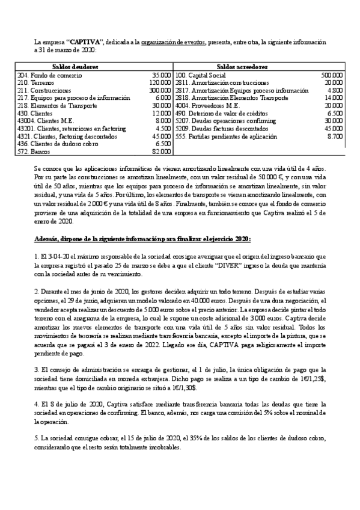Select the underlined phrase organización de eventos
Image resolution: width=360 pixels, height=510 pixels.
(x=174, y=43)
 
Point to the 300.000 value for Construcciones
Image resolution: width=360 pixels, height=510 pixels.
(x=160, y=90)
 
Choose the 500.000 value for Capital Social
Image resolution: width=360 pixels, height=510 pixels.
(x=332, y=75)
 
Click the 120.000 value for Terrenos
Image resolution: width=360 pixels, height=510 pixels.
(x=160, y=82)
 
